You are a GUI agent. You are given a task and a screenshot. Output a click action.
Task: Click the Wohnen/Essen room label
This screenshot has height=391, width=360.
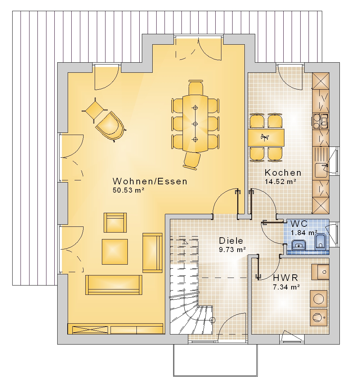(x=150, y=181)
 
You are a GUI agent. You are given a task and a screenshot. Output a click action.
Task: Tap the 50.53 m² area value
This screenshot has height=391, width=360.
(x=129, y=190)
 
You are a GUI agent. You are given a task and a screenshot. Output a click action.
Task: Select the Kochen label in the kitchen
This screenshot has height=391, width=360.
(x=283, y=172)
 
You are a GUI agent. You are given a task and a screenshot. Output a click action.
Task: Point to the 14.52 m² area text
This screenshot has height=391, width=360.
(x=280, y=181)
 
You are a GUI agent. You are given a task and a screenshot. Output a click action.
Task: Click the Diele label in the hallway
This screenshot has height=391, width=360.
(x=231, y=241)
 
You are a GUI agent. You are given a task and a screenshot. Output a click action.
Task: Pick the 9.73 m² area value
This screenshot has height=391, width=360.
(x=232, y=250)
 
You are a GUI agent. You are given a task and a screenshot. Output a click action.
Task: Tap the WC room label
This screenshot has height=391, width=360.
(x=299, y=224)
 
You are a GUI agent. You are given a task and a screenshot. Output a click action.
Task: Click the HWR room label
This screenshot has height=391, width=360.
(x=285, y=278)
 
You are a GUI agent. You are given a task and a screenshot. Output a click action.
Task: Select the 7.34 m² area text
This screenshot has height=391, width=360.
(x=286, y=287)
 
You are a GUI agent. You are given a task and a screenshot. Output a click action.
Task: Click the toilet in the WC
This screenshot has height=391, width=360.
(x=320, y=242)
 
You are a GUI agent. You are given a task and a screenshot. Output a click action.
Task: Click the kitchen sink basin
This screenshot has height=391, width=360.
(x=321, y=170)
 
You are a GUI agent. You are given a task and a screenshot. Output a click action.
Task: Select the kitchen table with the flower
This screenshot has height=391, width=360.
(x=266, y=138)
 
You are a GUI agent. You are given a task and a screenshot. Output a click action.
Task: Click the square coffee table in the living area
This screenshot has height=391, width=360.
(x=115, y=252)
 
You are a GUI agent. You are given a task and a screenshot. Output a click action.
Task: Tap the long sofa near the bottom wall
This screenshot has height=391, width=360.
(x=114, y=285)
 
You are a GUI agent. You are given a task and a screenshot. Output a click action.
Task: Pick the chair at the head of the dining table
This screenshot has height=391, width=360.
(x=196, y=87)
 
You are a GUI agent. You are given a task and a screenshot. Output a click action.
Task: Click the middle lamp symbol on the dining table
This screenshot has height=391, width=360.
(x=195, y=124)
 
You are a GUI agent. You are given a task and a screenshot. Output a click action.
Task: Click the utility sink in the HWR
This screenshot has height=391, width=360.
(x=320, y=272)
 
